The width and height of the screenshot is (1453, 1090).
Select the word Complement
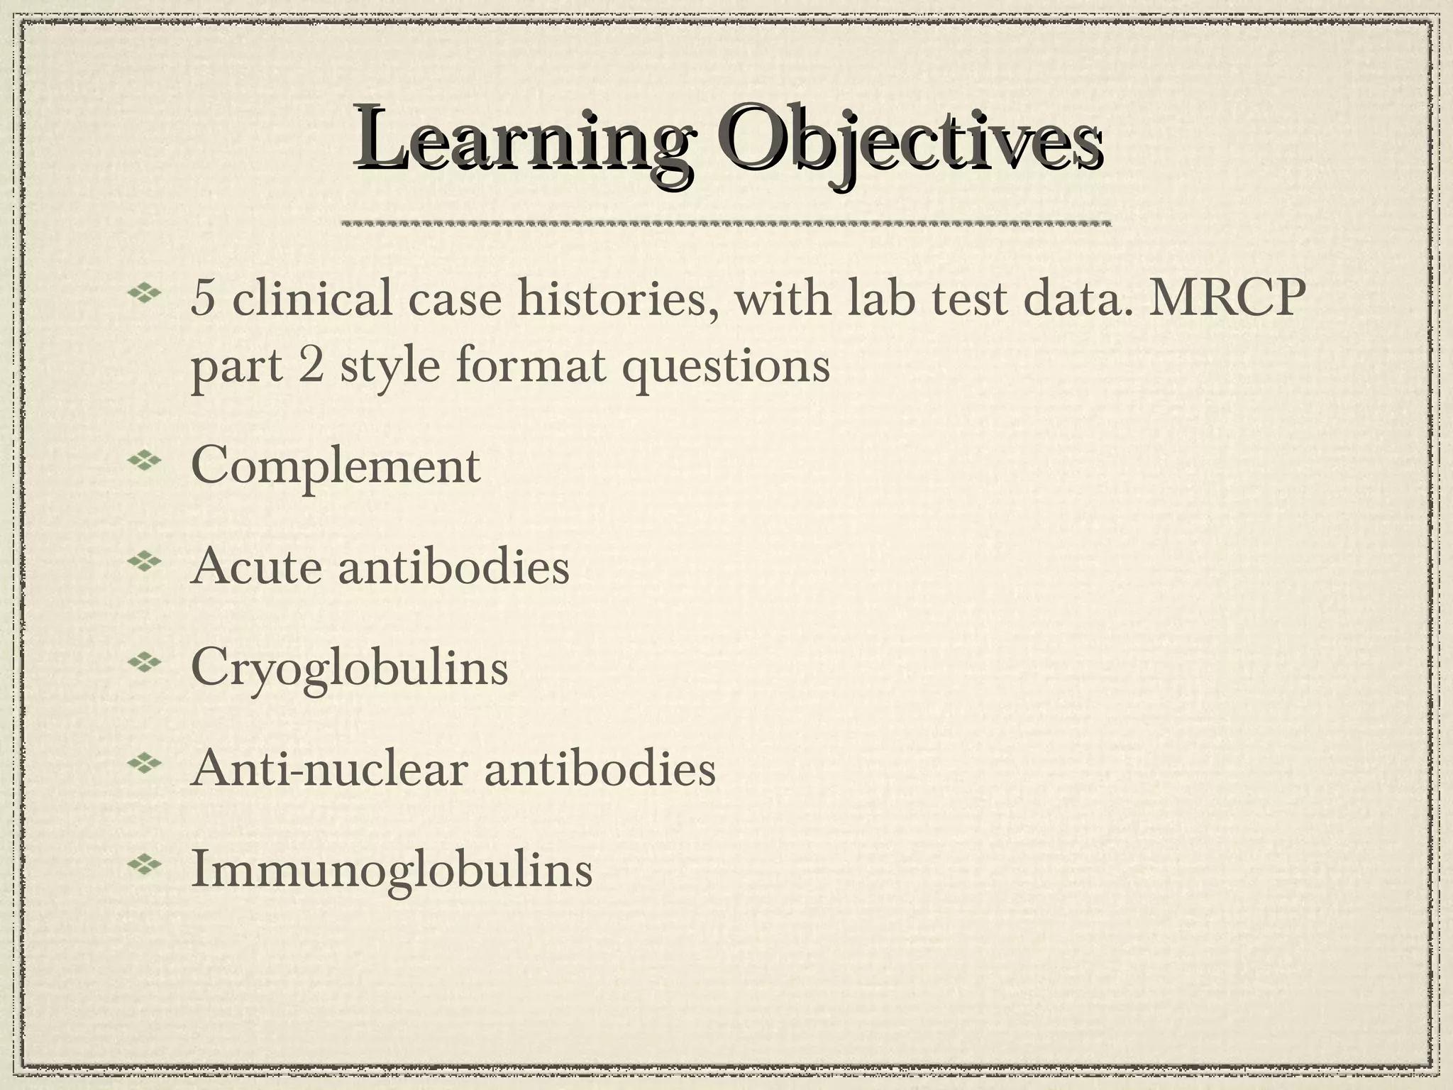[336, 466]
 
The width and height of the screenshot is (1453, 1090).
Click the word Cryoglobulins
[350, 668]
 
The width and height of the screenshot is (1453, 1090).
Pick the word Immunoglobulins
[392, 869]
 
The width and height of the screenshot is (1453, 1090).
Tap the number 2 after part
[310, 367]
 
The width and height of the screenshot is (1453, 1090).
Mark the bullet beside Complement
[145, 461]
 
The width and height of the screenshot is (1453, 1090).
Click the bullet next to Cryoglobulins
[145, 664]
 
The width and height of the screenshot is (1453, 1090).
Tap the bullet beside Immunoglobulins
[145, 865]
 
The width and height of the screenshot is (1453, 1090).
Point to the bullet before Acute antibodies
[145, 562]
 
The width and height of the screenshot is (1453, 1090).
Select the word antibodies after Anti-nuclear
[600, 769]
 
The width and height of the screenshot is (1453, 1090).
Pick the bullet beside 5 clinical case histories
[145, 292]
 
